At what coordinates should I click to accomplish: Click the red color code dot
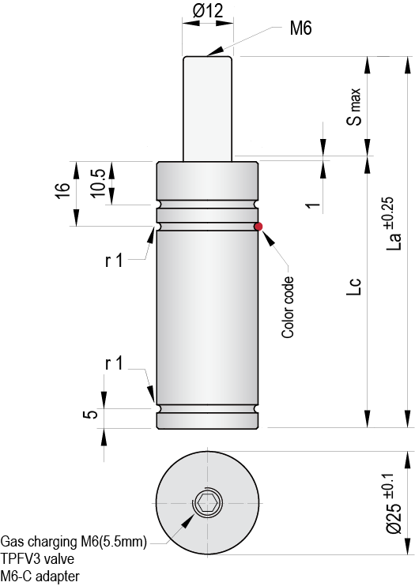click(x=258, y=227)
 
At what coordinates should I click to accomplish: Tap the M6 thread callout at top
click(x=300, y=28)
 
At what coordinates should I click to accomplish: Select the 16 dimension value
click(x=64, y=190)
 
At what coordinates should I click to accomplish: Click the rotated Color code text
click(x=289, y=307)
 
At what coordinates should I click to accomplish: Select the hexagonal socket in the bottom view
click(x=209, y=502)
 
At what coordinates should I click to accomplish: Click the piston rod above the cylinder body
click(x=208, y=107)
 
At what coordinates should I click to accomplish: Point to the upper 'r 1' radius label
click(x=114, y=261)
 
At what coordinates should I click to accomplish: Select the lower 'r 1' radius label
click(x=114, y=363)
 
